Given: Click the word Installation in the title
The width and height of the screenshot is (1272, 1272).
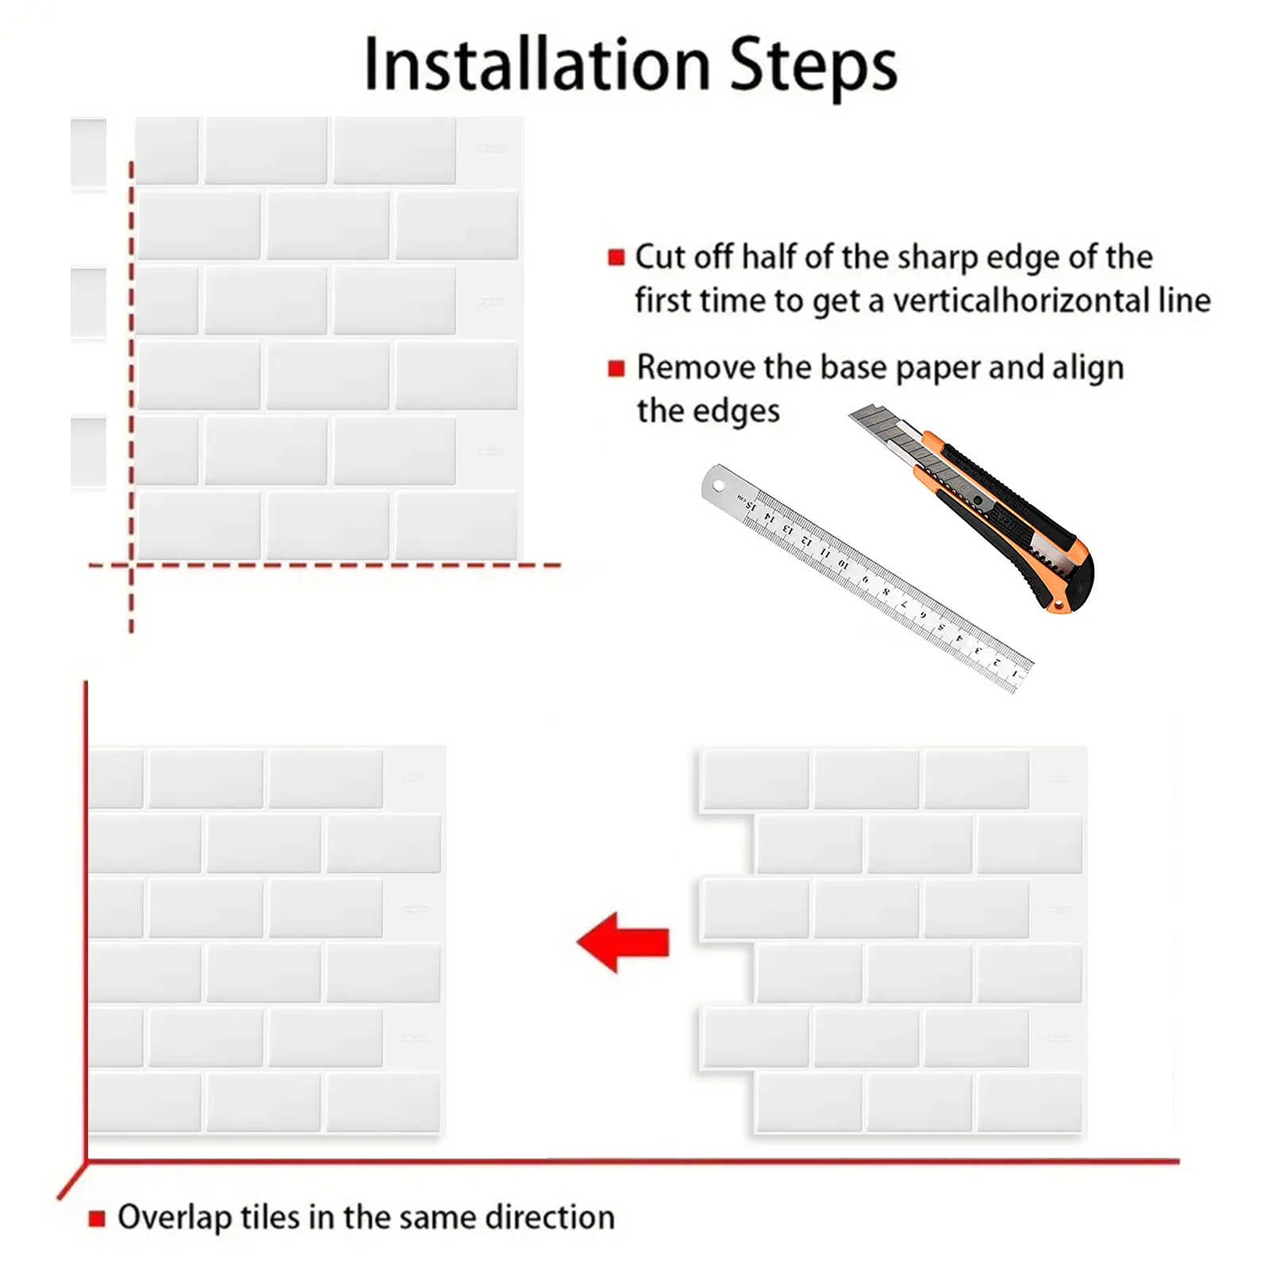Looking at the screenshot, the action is point(537,64).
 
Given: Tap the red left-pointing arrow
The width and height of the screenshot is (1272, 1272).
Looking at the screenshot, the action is point(623,942).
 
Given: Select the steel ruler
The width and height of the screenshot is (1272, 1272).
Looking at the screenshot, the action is point(867,578).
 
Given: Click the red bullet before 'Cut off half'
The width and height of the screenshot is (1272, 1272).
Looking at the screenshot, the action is point(617,257).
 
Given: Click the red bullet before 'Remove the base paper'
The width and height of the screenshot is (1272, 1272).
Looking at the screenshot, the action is point(617,368).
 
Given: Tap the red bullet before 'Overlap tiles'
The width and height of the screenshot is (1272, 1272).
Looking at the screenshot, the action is point(97,1218).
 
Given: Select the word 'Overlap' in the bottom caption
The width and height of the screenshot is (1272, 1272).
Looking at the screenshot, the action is point(174,1218).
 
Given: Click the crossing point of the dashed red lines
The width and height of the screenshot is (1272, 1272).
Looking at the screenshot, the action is point(132,565).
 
